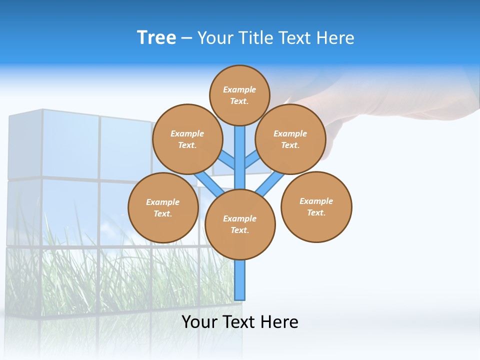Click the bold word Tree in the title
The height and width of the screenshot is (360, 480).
tap(156, 38)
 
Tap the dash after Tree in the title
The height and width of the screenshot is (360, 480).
tap(186, 38)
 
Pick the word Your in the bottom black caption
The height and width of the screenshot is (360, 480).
tap(200, 321)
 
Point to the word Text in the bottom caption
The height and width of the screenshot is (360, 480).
tap(238, 321)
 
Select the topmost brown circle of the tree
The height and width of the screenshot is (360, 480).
tap(239, 95)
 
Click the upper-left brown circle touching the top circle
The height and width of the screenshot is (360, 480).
tap(187, 139)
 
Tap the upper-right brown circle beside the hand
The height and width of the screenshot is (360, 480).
tap(290, 139)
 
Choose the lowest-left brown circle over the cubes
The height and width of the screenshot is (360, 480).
tap(162, 207)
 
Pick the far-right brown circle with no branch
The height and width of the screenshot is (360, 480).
tap(316, 206)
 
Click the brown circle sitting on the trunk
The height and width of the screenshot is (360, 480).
tap(240, 224)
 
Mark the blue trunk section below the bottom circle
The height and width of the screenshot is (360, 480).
tap(240, 280)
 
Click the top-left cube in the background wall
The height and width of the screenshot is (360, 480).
tap(25, 145)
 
